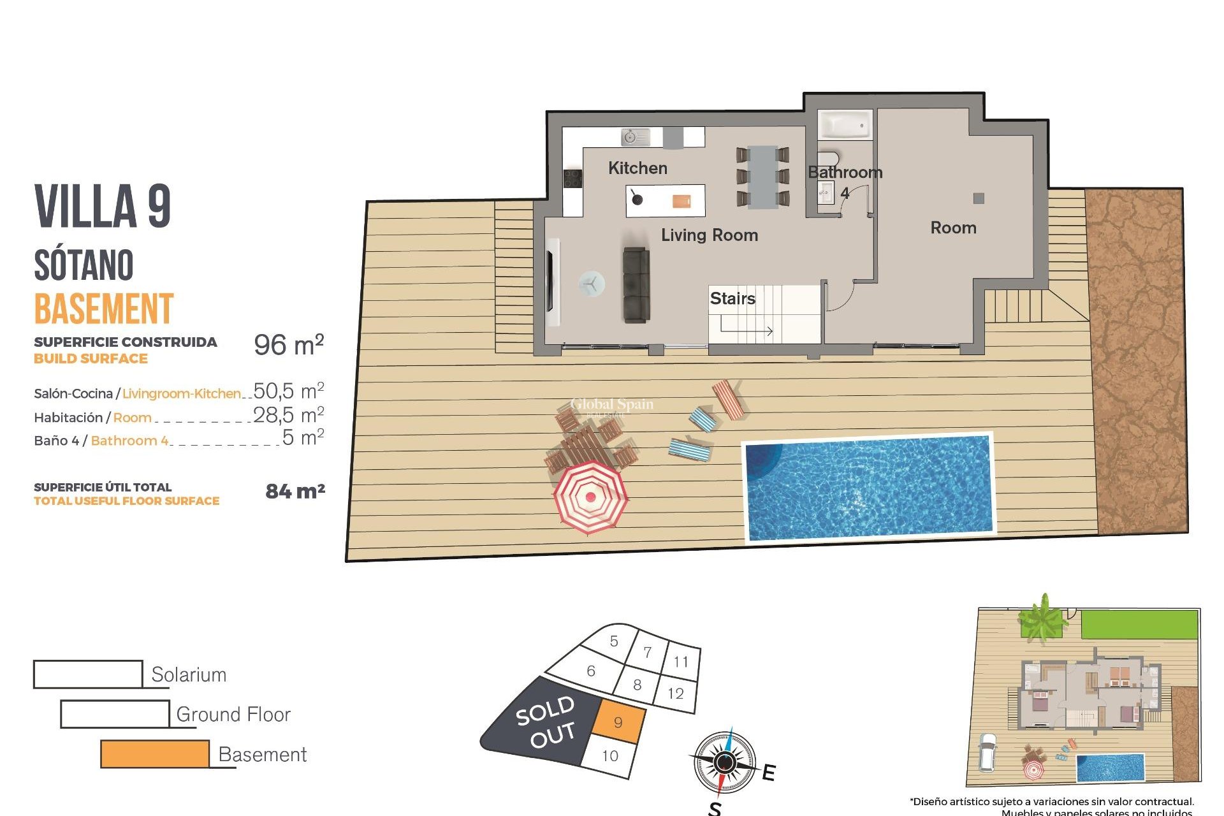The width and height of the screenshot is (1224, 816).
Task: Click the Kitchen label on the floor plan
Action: point(637,168)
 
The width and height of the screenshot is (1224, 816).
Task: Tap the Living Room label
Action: point(709,235)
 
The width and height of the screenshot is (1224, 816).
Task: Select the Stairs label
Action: point(732,298)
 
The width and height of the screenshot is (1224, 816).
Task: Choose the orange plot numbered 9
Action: point(618,722)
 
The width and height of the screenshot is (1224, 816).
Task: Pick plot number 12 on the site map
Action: point(676,693)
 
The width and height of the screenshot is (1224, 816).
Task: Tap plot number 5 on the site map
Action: point(614,641)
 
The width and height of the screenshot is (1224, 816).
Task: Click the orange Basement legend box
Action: point(155,754)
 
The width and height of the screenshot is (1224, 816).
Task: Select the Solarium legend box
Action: point(88,674)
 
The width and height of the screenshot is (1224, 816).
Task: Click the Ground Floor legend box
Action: point(115,714)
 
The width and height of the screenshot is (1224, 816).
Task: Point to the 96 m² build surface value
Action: point(289,345)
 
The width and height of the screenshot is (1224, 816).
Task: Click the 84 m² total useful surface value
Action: point(295,492)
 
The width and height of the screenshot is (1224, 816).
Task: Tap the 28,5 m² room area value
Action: point(289,415)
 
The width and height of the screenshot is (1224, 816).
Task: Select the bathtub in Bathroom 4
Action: point(845,125)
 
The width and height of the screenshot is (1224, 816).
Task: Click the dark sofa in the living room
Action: point(636,285)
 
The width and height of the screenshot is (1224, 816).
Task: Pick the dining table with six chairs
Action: point(762,177)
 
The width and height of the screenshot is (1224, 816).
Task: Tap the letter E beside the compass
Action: point(769,773)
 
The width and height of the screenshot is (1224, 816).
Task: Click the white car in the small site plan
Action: point(987,752)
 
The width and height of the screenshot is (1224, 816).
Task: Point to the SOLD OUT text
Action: point(546,722)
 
